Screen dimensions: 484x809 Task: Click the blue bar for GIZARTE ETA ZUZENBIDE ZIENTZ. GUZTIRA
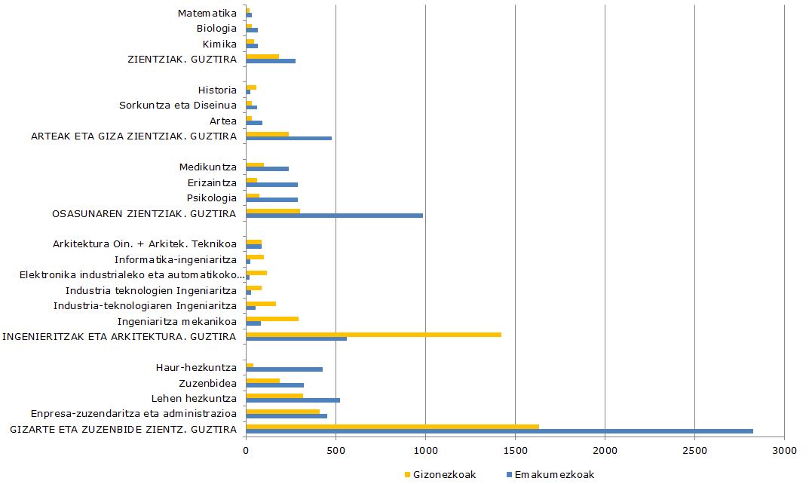click(x=499, y=431)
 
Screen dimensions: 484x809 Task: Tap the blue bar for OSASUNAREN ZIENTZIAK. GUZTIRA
click(x=334, y=216)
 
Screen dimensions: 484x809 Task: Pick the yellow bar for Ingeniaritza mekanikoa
click(x=272, y=319)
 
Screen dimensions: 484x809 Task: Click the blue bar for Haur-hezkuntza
click(x=284, y=369)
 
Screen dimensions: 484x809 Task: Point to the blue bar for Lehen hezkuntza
click(x=293, y=400)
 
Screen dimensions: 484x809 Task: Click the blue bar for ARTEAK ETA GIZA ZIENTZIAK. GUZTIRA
click(x=289, y=138)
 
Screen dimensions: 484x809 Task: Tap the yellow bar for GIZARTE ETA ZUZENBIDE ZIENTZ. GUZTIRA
click(x=392, y=427)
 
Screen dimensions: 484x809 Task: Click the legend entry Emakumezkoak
click(x=550, y=475)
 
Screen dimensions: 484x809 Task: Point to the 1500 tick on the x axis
click(x=515, y=450)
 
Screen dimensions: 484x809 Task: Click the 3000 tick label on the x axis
click(x=784, y=450)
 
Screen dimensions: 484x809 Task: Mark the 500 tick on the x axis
click(x=336, y=450)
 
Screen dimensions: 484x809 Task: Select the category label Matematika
click(x=207, y=13)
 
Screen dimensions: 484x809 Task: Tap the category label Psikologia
click(x=212, y=198)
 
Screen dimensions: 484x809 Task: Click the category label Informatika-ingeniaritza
click(x=176, y=260)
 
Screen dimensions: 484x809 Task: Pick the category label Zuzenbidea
click(x=207, y=383)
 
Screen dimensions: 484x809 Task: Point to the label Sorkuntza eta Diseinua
click(x=178, y=105)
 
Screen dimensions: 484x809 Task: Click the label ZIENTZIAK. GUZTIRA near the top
click(x=182, y=59)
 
